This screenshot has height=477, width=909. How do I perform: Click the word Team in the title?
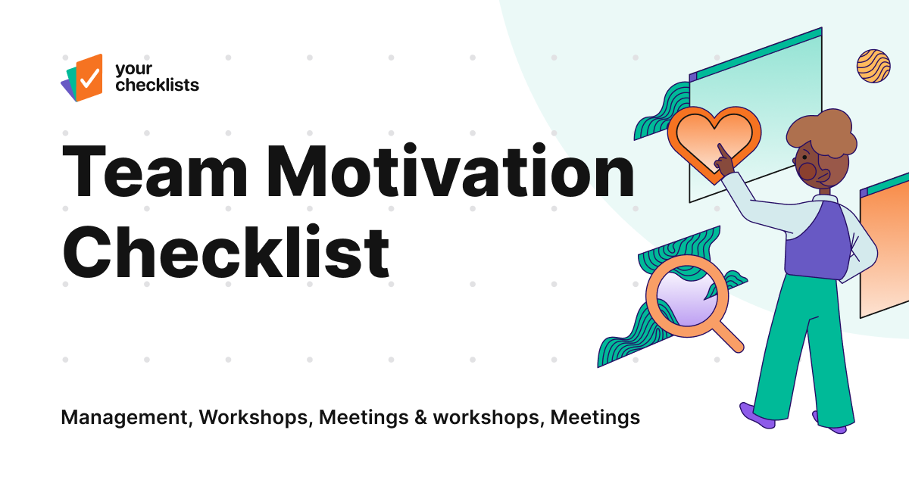click(155, 174)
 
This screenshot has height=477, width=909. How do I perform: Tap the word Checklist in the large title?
click(226, 251)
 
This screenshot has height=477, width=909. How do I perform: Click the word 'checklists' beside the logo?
click(157, 85)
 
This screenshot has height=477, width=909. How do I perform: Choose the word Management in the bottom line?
click(125, 417)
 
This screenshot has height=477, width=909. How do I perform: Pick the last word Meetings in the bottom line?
click(595, 417)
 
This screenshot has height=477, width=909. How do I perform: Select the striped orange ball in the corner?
click(873, 66)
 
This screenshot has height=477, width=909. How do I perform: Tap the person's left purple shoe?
click(757, 415)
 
